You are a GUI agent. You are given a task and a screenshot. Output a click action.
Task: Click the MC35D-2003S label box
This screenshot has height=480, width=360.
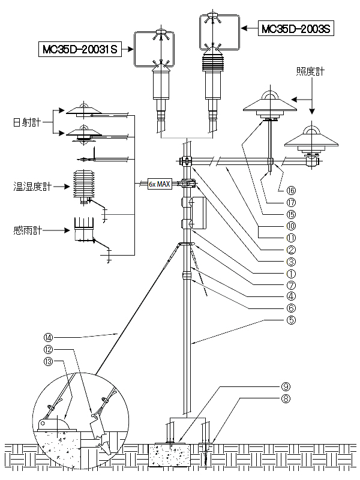point(295,28)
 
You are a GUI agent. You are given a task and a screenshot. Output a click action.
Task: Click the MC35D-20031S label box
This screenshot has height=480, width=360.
point(79,49)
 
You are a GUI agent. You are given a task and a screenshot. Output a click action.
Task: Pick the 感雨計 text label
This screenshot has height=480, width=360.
point(27,230)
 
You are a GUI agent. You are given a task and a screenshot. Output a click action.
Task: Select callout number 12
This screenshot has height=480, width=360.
point(49,350)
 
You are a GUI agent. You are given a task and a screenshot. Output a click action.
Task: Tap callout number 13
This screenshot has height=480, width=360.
point(49,361)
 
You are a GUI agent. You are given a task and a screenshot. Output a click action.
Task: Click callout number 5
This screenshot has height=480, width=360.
point(290,319)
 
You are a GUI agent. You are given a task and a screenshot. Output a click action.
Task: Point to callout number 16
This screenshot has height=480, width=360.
point(290,190)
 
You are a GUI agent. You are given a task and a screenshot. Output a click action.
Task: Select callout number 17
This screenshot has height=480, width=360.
point(290,202)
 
